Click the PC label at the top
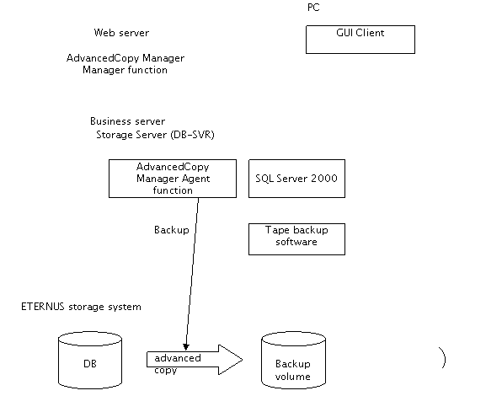point(313,8)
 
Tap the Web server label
point(121,33)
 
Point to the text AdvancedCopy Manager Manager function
point(126,64)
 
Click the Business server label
point(127,120)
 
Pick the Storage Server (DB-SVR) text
point(155,135)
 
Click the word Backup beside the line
point(171,230)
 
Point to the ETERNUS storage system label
point(81,307)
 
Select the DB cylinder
point(90,361)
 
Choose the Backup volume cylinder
point(293,361)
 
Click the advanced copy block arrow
point(195,360)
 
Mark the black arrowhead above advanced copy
point(186,347)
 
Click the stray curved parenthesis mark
point(443,358)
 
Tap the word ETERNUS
point(43,307)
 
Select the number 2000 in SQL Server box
point(323,179)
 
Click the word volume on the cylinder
point(292,377)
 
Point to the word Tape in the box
point(277,230)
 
